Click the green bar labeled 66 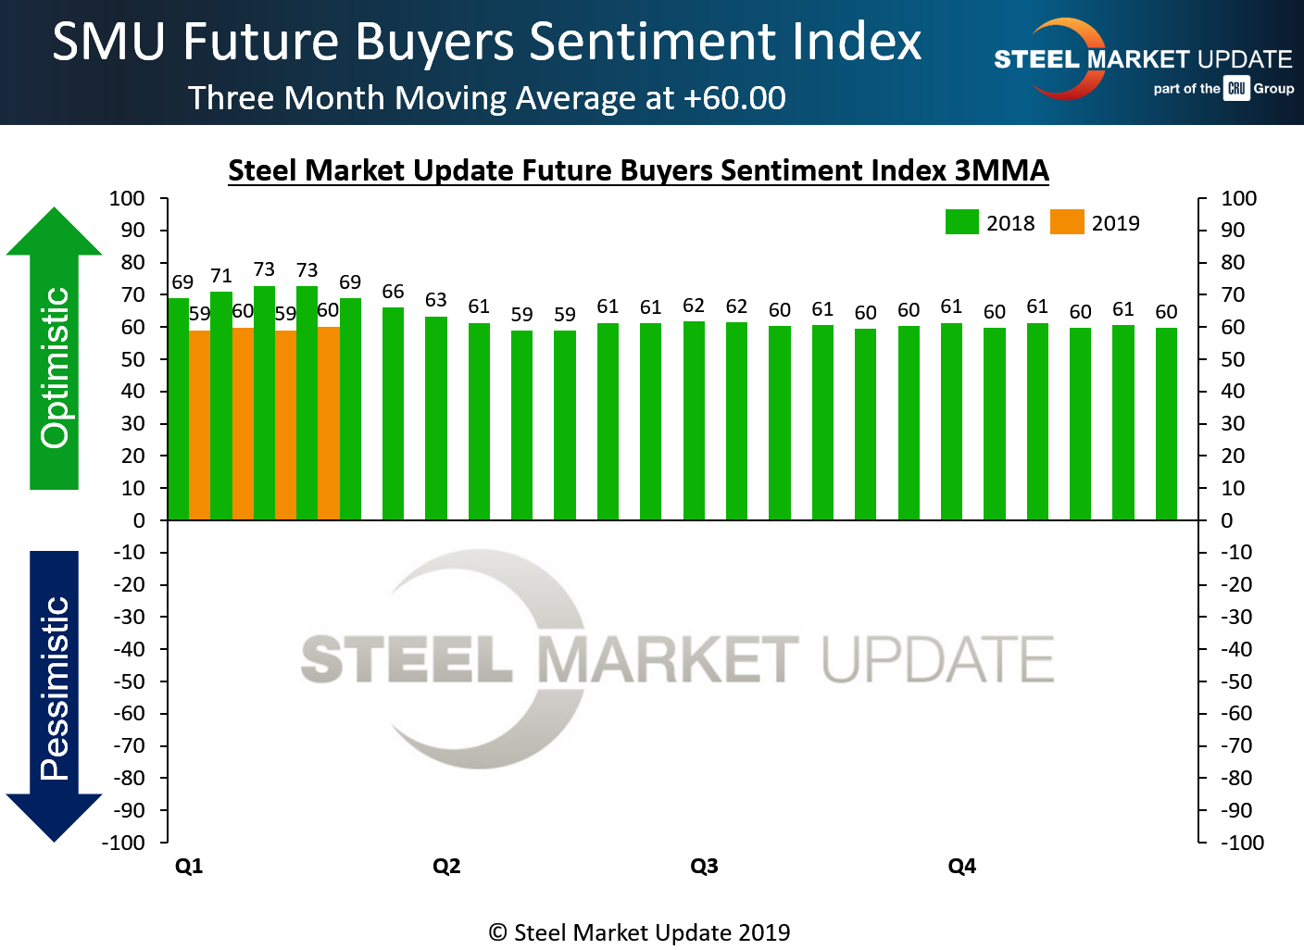click(x=393, y=413)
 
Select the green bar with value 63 click(x=436, y=418)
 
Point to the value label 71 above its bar click(x=220, y=276)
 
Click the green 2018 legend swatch click(x=962, y=222)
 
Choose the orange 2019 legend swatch click(x=1067, y=222)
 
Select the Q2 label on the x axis click(x=446, y=866)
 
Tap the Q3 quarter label click(x=704, y=866)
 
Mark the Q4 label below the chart click(x=962, y=866)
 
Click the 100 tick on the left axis click(x=127, y=198)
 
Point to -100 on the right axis click(x=1242, y=843)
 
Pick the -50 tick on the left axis click(x=129, y=681)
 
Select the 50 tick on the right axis click(x=1233, y=359)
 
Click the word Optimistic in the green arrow click(x=55, y=368)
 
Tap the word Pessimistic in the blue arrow click(x=55, y=688)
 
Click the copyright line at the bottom click(x=639, y=932)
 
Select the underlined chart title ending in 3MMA click(x=638, y=170)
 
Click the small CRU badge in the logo click(x=1236, y=89)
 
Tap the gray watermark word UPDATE click(x=937, y=659)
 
